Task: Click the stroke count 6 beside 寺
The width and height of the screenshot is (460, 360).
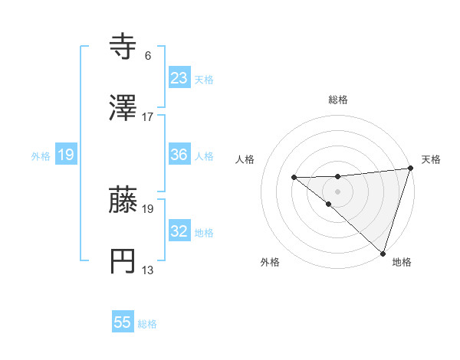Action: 148,56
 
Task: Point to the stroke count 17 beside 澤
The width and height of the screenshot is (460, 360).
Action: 148,117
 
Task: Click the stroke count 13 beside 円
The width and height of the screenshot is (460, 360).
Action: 148,270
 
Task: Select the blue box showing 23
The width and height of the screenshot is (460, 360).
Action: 179,77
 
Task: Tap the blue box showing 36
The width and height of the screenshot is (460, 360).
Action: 179,155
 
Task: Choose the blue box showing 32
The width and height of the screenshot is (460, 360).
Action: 179,231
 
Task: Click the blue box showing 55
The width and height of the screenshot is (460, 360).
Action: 123,322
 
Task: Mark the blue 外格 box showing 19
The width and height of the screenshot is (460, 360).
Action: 66,155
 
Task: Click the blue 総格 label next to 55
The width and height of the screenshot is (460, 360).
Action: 147,324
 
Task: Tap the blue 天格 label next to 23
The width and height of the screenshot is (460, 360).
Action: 203,79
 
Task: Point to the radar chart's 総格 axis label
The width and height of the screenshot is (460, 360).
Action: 338,100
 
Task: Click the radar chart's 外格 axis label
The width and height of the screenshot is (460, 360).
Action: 270,262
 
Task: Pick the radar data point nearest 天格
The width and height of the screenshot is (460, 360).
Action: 410,168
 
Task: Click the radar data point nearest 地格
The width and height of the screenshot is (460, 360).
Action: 382,252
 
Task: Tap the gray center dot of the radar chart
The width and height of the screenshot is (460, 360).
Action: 337,191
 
